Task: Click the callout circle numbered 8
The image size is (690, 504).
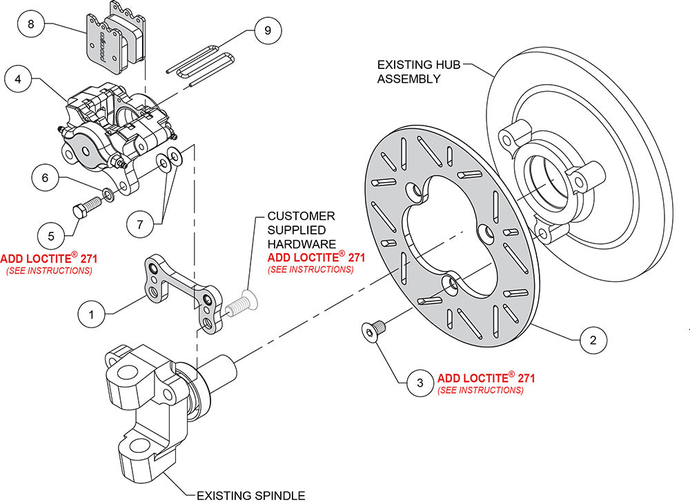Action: (x=30, y=25)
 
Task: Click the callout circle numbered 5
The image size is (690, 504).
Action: (x=51, y=235)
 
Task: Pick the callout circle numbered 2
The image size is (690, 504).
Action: (x=593, y=339)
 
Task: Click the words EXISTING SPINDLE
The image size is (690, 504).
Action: (x=250, y=495)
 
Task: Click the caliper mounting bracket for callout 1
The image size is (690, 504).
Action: (x=183, y=289)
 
